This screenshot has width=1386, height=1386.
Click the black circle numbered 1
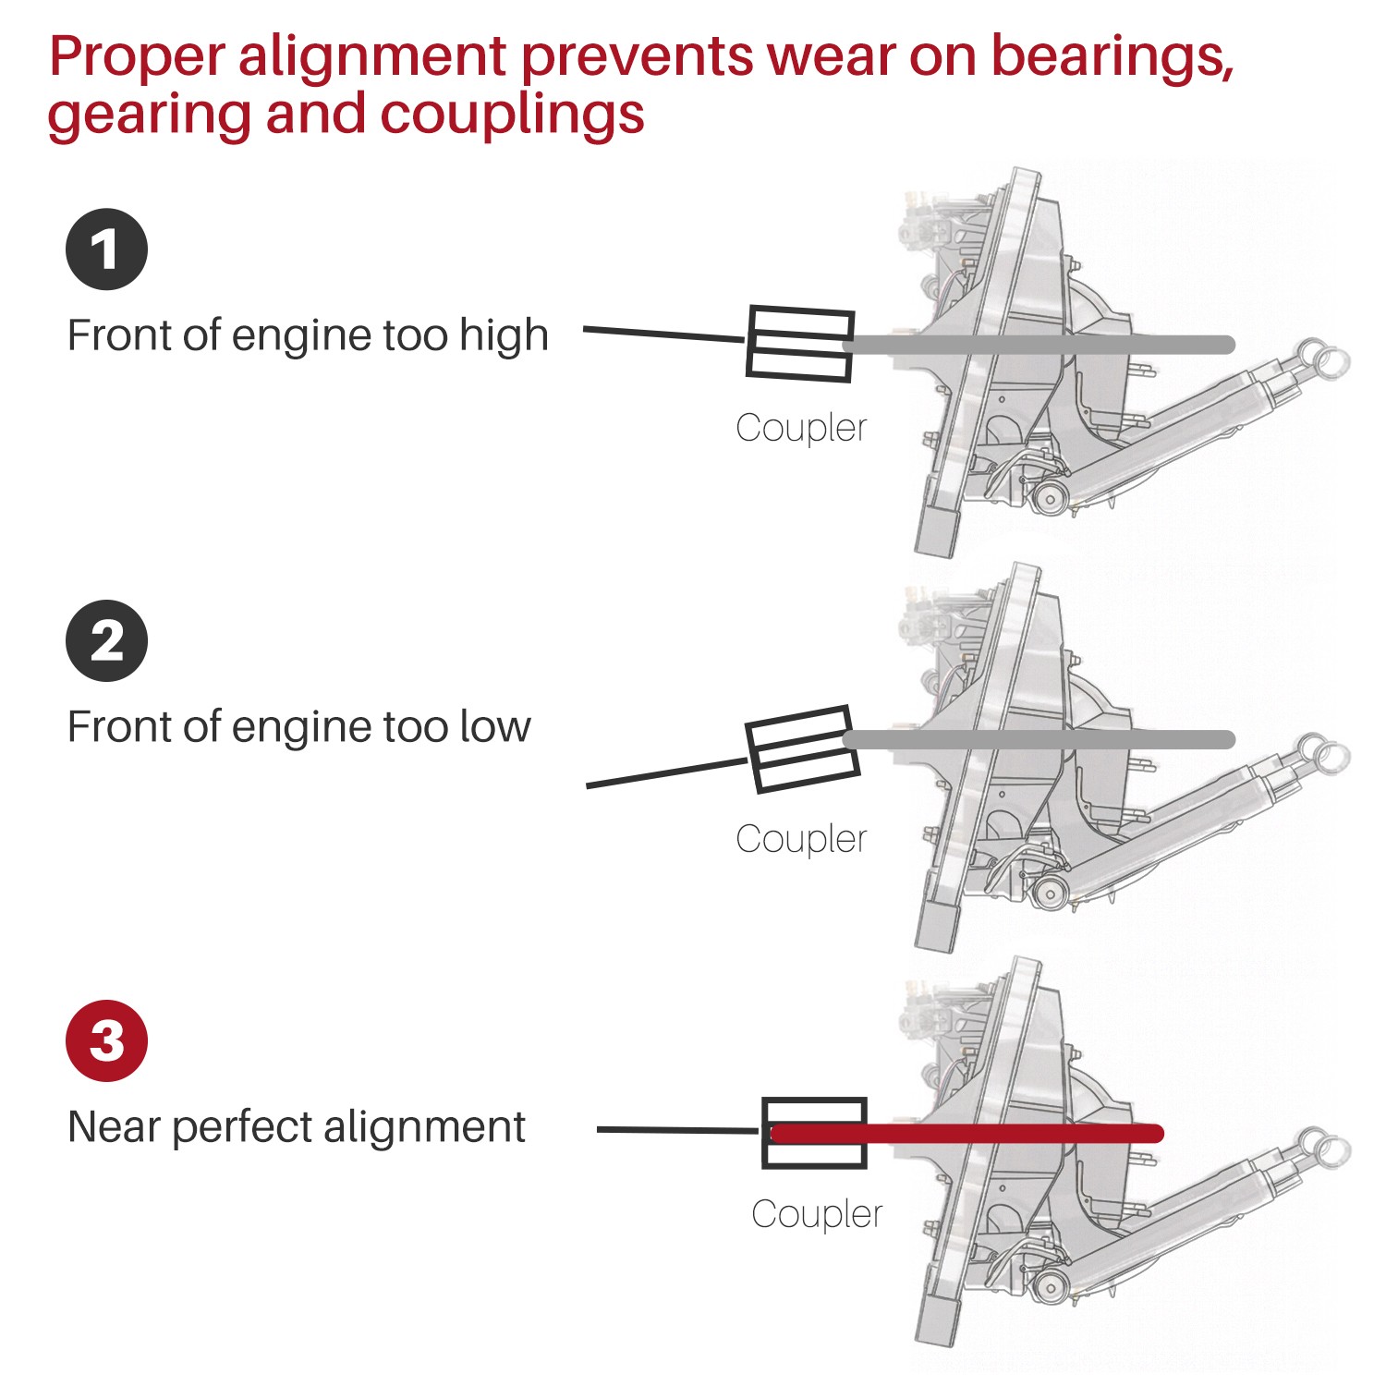[106, 249]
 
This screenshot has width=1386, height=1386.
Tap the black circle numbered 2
[106, 641]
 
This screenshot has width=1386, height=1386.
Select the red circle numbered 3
[106, 1040]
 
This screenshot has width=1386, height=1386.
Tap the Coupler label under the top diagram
[801, 428]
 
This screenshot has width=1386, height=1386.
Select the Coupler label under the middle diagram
[801, 839]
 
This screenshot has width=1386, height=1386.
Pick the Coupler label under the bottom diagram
[817, 1214]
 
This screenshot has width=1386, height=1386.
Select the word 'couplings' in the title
[512, 115]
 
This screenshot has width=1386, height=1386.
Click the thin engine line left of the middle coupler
[665, 773]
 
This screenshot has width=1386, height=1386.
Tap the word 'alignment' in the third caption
[424, 1128]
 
